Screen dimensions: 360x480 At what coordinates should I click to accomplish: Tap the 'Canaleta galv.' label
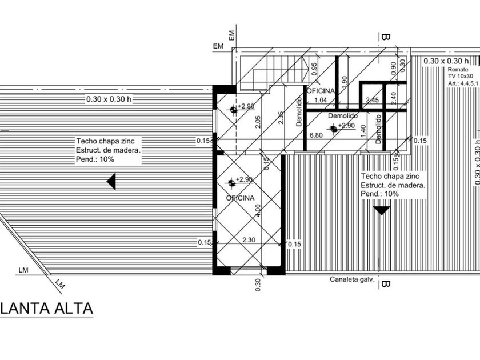click(x=352, y=279)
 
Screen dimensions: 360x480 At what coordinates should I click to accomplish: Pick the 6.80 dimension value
click(x=315, y=135)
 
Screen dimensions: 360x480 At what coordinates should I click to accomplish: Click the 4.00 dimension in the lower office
click(x=257, y=211)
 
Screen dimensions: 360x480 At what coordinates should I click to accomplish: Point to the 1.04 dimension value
click(x=321, y=101)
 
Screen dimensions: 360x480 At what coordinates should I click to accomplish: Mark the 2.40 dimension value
click(x=393, y=98)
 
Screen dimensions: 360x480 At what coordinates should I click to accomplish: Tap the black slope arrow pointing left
click(x=111, y=182)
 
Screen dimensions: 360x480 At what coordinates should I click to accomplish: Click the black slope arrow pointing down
click(x=381, y=210)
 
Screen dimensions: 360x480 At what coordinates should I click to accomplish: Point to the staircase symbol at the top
click(x=272, y=73)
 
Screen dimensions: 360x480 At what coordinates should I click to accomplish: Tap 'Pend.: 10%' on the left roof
click(x=95, y=159)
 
